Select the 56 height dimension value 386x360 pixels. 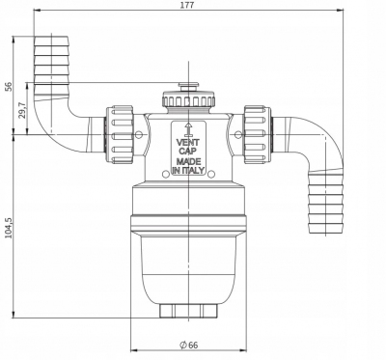[x=9, y=86]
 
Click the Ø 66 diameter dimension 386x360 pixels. [x=189, y=345]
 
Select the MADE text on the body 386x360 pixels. [x=188, y=161]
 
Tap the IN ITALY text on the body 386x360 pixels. [x=188, y=170]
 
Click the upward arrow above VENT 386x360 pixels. [x=188, y=128]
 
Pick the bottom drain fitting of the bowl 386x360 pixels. [x=188, y=311]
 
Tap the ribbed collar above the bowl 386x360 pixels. [x=188, y=216]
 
